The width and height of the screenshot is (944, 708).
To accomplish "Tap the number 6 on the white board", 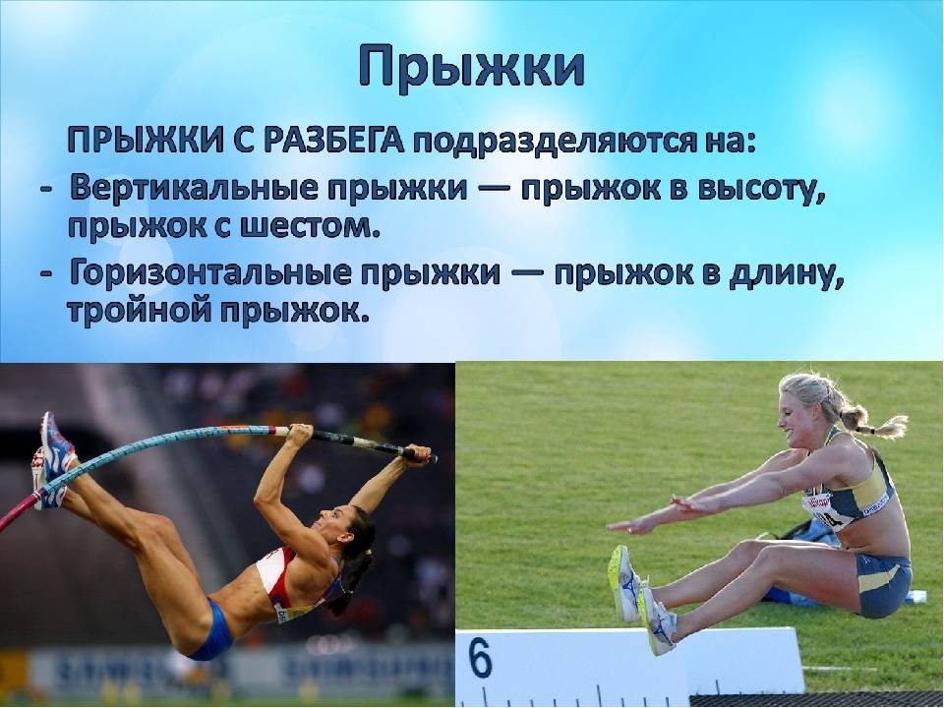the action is [481, 659].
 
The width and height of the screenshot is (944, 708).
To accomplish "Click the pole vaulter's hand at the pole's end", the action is [418, 452].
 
